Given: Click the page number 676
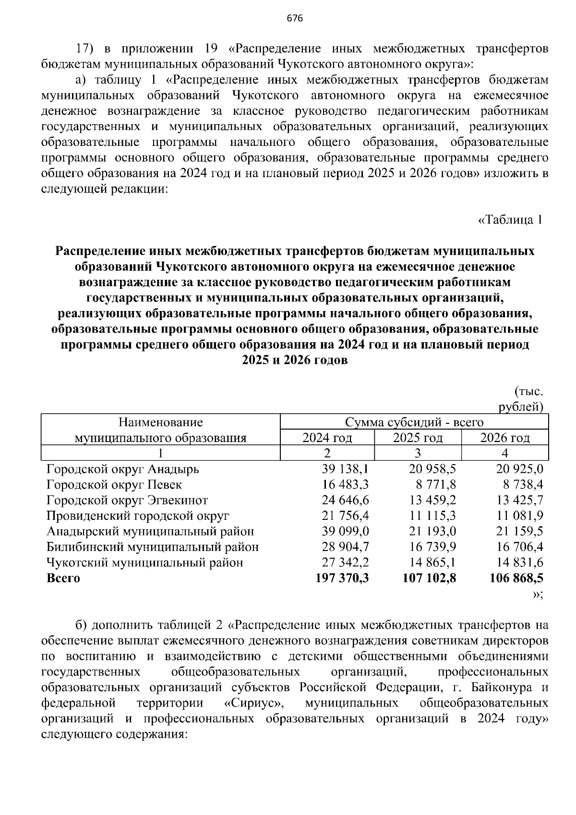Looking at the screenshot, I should tap(295, 19).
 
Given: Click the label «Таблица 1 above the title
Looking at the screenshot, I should tap(510, 220).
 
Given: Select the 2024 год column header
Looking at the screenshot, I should tap(327, 438).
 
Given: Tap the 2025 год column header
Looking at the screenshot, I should tap(418, 438).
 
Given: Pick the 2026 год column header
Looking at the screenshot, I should tap(505, 438).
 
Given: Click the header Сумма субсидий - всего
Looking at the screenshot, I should tap(414, 422).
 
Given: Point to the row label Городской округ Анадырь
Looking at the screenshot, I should tap(123, 469).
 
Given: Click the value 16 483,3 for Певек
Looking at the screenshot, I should tap(345, 485).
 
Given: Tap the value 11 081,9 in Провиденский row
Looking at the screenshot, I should tap(520, 516).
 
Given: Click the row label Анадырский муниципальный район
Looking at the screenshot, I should tap(150, 531).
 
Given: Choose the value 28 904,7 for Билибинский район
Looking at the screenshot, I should tap(345, 547).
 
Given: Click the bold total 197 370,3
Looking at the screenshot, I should tap(342, 578).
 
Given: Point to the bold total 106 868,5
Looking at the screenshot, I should tap(516, 578).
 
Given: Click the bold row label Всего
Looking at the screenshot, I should tap(63, 578).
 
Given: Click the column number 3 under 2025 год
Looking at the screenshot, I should tap(418, 453).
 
